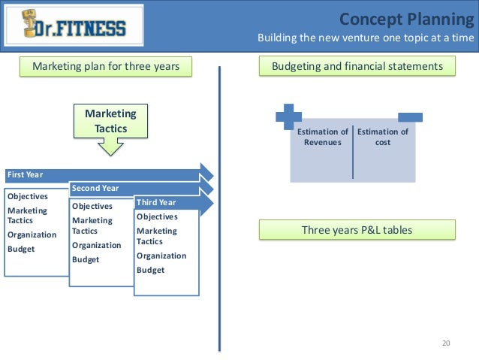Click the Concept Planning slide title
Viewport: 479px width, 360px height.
[406, 18]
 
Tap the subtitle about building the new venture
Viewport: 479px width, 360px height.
[366, 38]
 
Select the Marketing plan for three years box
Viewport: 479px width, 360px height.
[106, 67]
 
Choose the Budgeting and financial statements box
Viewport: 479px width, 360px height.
[357, 67]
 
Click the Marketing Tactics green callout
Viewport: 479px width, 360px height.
[110, 121]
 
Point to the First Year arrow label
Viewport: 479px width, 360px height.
[25, 175]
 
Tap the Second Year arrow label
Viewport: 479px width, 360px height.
[95, 188]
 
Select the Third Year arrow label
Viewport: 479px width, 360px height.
[156, 202]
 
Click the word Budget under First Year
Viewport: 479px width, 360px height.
[21, 249]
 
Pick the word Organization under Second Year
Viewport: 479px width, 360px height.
[96, 245]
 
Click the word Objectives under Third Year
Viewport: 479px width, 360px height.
[157, 216]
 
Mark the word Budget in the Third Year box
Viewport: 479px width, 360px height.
[150, 270]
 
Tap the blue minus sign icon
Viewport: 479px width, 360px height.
[410, 116]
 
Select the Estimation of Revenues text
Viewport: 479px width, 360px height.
[323, 137]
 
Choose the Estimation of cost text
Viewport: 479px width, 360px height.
[383, 137]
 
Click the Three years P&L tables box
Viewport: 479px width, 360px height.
[357, 230]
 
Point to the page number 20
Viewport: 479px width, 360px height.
[445, 343]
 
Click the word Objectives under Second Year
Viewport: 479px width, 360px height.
[92, 206]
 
